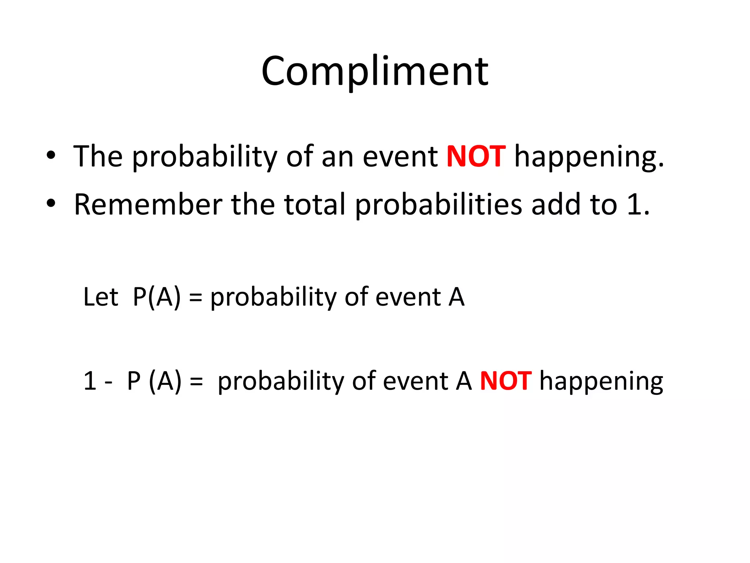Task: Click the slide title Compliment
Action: click(375, 71)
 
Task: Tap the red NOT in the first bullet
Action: click(476, 157)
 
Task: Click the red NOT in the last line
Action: click(505, 381)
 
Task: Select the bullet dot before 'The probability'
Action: click(51, 155)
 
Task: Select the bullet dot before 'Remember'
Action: click(51, 203)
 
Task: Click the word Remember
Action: click(148, 204)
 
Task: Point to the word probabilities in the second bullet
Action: click(438, 204)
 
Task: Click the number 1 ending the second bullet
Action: click(634, 204)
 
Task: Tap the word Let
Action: click(100, 297)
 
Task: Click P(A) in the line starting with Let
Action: click(157, 297)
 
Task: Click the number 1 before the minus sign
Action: click(90, 381)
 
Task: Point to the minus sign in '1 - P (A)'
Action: click(108, 383)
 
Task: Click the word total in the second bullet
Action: click(315, 204)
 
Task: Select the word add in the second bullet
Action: click(556, 204)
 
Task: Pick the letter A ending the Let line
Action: click(457, 297)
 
